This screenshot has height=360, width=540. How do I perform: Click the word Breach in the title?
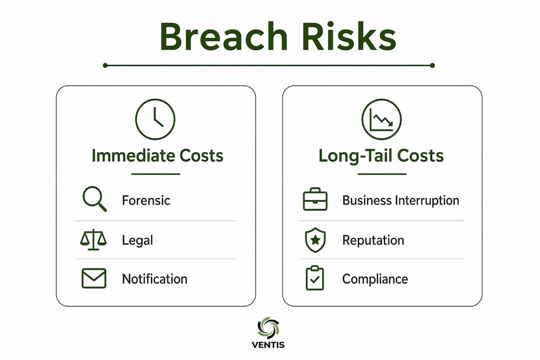[x=223, y=36]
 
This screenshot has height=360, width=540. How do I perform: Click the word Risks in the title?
[x=349, y=36]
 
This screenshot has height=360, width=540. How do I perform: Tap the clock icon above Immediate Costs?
[x=155, y=119]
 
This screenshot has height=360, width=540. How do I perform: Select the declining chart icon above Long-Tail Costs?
[x=381, y=119]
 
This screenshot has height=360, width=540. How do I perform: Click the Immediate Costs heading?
[x=157, y=155]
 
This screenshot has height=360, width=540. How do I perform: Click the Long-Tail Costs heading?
[x=381, y=155]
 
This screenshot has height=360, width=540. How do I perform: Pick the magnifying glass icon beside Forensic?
[x=94, y=199]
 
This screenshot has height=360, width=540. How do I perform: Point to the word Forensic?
[x=146, y=200]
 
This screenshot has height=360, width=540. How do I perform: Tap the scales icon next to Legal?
[x=93, y=239]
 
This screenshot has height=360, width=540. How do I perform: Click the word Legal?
[x=137, y=240]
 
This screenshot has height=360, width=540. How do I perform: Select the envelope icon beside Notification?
[x=94, y=278]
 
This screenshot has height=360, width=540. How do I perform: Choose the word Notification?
[x=154, y=279]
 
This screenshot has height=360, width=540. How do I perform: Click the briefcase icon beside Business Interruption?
[x=315, y=199]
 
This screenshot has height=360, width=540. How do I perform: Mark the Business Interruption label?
[x=400, y=200]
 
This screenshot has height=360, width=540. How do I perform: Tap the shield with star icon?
[x=315, y=240]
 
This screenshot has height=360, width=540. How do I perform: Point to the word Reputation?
[x=373, y=240]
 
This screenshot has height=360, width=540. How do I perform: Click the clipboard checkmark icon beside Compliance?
[x=315, y=277]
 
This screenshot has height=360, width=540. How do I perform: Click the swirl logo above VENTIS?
[x=268, y=327]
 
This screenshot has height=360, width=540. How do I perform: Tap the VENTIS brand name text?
[x=268, y=345]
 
